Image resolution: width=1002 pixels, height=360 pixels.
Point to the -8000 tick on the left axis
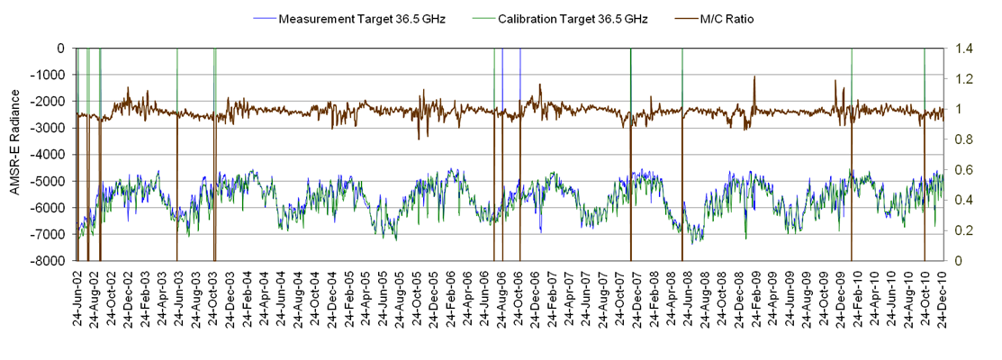(51, 261)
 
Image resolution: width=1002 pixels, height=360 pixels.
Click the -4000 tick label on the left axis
(51, 155)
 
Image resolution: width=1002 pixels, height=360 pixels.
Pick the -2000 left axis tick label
(51, 102)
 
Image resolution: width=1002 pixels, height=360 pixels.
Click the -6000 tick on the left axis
(51, 208)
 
